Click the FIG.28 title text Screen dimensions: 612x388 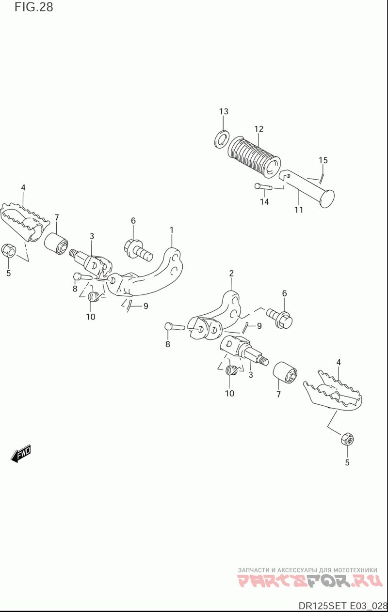click(33, 7)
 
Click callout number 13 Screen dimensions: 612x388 click(223, 112)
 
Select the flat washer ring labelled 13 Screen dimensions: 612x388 click(222, 138)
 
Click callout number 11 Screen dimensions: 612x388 click(299, 210)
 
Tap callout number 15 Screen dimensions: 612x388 click(323, 160)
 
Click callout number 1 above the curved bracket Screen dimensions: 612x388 click(171, 229)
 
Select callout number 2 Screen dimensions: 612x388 click(231, 274)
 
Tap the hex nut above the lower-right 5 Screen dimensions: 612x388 click(347, 439)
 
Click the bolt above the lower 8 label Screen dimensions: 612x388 click(175, 327)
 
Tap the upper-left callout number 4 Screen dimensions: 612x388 click(23, 188)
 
